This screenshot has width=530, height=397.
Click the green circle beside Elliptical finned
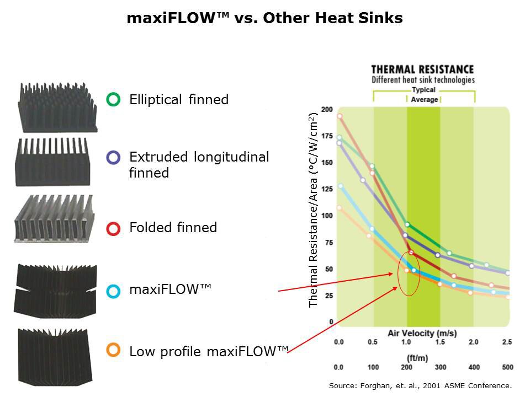coord(113,100)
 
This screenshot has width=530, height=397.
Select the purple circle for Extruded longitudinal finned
coord(113,158)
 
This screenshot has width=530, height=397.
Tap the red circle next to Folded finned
coord(113,228)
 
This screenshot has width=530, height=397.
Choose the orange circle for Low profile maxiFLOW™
coord(113,349)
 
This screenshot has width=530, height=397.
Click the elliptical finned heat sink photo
coord(57,108)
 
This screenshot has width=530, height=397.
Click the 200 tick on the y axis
coord(327,109)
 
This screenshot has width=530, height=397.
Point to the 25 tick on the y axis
coord(329,296)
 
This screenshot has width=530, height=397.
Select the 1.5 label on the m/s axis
coord(440,342)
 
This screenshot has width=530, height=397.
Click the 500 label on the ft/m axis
coord(506,367)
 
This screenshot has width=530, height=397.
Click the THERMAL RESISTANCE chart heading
coord(422,69)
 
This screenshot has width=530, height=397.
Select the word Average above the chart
coord(424,100)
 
